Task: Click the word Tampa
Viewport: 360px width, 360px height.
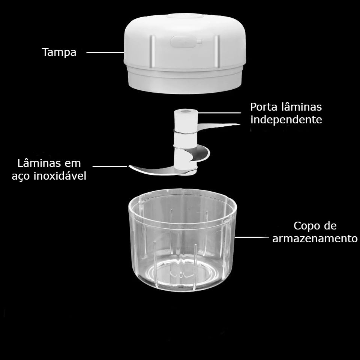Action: pyautogui.click(x=59, y=52)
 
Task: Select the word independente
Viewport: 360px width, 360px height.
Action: pyautogui.click(x=286, y=120)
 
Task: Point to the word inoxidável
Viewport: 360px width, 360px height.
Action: pyautogui.click(x=60, y=176)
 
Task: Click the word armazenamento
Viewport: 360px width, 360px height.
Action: pyautogui.click(x=315, y=238)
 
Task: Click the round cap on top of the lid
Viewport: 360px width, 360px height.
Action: pyautogui.click(x=184, y=16)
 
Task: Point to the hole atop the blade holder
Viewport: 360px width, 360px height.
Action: pyautogui.click(x=186, y=111)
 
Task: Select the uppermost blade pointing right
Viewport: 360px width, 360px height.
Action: pyautogui.click(x=218, y=126)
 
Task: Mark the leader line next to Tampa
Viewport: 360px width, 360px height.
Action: pyautogui.click(x=105, y=52)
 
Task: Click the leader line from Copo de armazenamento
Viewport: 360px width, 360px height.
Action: pyautogui.click(x=252, y=237)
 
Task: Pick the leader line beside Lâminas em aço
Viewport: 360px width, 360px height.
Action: pyautogui.click(x=110, y=166)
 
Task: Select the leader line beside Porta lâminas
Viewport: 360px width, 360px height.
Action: pyautogui.click(x=219, y=113)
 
